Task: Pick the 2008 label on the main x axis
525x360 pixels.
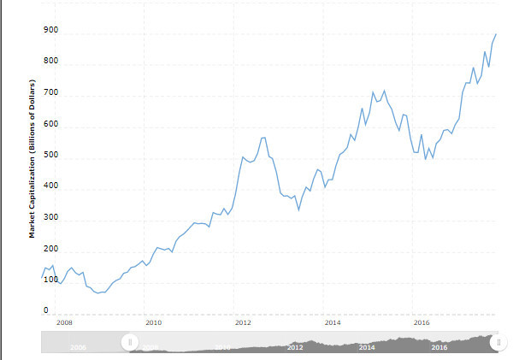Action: pyautogui.click(x=64, y=323)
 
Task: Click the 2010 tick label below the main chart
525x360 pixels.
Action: pyautogui.click(x=154, y=323)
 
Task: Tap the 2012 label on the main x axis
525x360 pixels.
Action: pyautogui.click(x=243, y=323)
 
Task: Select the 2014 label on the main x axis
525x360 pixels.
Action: pyautogui.click(x=333, y=323)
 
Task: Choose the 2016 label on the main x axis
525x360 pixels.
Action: pyautogui.click(x=422, y=323)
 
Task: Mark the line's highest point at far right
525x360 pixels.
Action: pyautogui.click(x=496, y=34)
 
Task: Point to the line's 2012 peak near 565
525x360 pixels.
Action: pyautogui.click(x=263, y=138)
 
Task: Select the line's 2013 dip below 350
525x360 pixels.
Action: pyautogui.click(x=298, y=210)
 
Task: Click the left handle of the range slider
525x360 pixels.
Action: pyautogui.click(x=129, y=342)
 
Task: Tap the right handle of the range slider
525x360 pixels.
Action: pyautogui.click(x=496, y=342)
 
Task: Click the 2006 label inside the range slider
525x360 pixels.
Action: pyautogui.click(x=78, y=347)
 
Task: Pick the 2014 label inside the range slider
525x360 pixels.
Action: pyautogui.click(x=367, y=347)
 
